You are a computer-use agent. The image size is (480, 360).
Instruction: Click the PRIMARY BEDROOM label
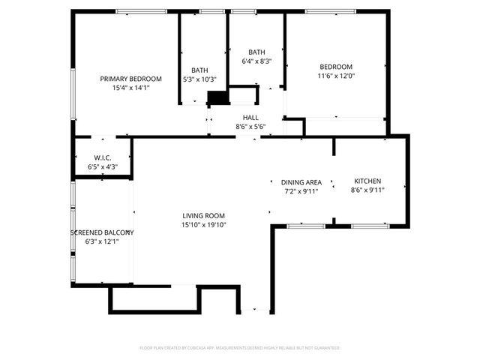pyautogui.click(x=131, y=79)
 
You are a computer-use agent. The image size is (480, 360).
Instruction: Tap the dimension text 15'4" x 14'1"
pyautogui.click(x=131, y=88)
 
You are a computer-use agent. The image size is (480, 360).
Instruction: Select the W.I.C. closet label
pyautogui.click(x=103, y=157)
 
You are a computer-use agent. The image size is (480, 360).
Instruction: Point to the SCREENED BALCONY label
pyautogui.click(x=102, y=232)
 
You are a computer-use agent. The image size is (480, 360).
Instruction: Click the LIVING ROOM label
pyautogui.click(x=203, y=216)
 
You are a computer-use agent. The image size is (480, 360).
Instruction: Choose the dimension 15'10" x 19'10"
pyautogui.click(x=203, y=225)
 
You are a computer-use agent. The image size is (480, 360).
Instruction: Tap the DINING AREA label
pyautogui.click(x=301, y=182)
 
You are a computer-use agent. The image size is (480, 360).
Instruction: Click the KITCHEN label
pyautogui.click(x=367, y=181)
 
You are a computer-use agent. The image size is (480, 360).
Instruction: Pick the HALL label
pyautogui.click(x=250, y=118)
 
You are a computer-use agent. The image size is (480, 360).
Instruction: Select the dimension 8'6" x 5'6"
pyautogui.click(x=250, y=127)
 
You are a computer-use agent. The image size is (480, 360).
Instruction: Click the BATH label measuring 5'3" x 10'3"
pyautogui.click(x=199, y=70)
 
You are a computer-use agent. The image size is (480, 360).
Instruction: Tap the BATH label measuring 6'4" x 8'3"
pyautogui.click(x=256, y=52)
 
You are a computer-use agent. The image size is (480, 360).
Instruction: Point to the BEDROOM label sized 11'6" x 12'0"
pyautogui.click(x=335, y=67)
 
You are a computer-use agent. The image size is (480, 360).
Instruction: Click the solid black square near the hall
pyautogui.click(x=217, y=98)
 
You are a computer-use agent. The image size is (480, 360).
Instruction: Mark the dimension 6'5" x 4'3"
pyautogui.click(x=103, y=166)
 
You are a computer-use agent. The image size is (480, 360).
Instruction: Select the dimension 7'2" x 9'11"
pyautogui.click(x=301, y=191)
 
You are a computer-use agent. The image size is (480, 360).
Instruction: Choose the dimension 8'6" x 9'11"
pyautogui.click(x=367, y=190)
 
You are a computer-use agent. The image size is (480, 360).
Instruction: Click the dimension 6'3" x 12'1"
pyautogui.click(x=102, y=241)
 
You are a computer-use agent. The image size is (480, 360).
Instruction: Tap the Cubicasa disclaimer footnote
pyautogui.click(x=240, y=348)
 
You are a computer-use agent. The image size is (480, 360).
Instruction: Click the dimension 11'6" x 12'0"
pyautogui.click(x=335, y=76)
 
